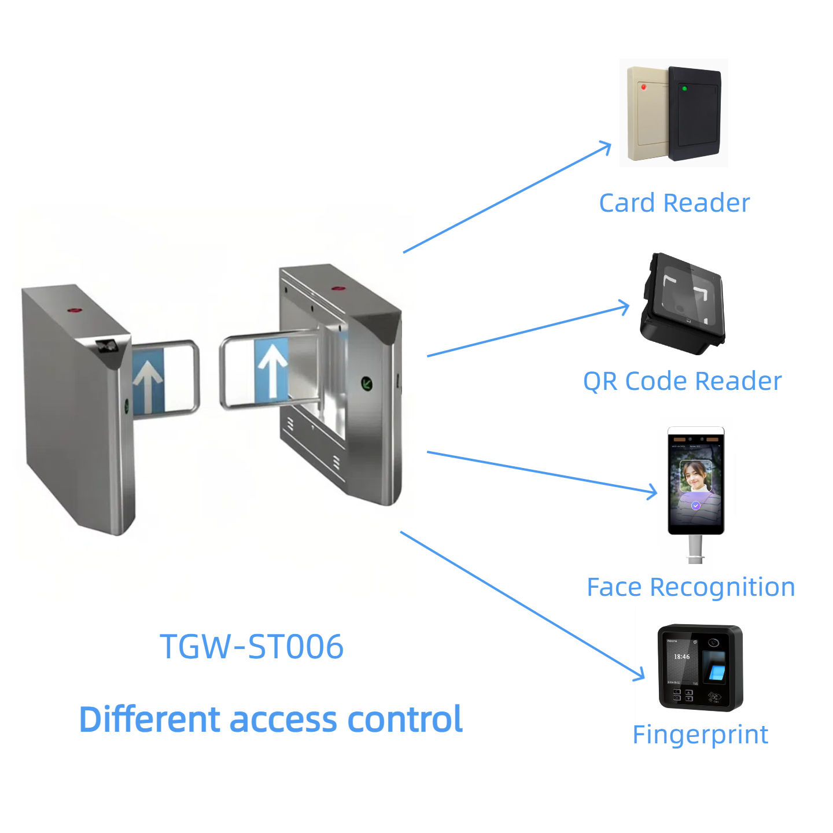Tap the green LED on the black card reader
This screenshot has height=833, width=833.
coord(684,89)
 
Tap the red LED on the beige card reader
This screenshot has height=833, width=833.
coord(643,87)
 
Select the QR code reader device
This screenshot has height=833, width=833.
coord(683,304)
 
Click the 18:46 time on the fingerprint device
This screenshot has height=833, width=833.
coord(681,657)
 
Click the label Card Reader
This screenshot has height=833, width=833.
coord(674,203)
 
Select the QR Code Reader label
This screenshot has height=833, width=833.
coord(682,381)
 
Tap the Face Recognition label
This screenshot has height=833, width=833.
coord(691,587)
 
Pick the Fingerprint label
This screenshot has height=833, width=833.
coord(700,735)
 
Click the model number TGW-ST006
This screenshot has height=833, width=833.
coord(252,646)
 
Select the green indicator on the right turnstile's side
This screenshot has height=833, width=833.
coord(367,382)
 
